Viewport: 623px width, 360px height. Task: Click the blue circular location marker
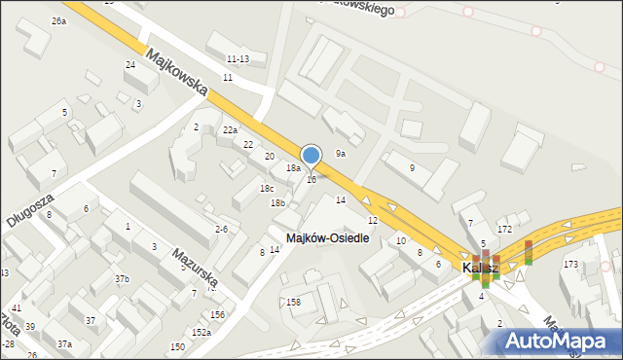click(311, 155)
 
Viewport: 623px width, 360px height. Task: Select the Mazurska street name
click(195, 269)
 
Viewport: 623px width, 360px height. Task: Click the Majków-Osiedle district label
click(327, 238)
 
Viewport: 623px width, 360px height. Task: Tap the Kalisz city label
click(480, 267)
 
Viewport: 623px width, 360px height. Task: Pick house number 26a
click(59, 20)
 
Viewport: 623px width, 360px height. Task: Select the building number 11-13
click(238, 59)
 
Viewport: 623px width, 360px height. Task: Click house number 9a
click(341, 153)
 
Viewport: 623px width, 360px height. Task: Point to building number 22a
click(230, 129)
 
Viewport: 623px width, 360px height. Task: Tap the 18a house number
click(293, 168)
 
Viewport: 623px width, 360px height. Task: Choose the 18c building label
click(267, 188)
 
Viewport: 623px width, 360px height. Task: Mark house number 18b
click(277, 202)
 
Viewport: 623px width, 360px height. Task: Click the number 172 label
click(504, 229)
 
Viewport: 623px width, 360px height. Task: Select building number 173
click(570, 264)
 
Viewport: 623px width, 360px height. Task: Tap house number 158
click(293, 303)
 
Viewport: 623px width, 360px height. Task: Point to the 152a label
click(201, 332)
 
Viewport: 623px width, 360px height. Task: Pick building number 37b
click(122, 279)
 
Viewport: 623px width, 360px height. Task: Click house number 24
click(129, 64)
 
